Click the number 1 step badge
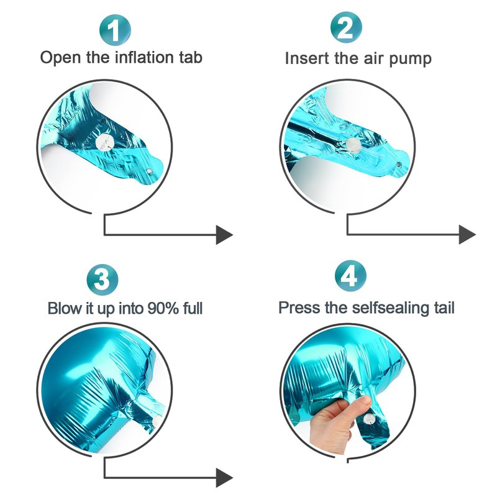[x=115, y=30]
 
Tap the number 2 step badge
[x=346, y=27]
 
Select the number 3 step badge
[x=102, y=280]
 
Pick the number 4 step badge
[x=350, y=275]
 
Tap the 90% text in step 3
[x=163, y=308]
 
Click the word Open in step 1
[x=60, y=58]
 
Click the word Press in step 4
[x=299, y=308]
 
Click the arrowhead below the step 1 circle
[x=224, y=235]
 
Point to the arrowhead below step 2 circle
[x=467, y=235]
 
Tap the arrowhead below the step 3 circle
[x=224, y=478]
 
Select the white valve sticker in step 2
[x=353, y=145]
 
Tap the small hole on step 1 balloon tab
[x=149, y=172]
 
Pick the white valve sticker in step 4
[x=369, y=419]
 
